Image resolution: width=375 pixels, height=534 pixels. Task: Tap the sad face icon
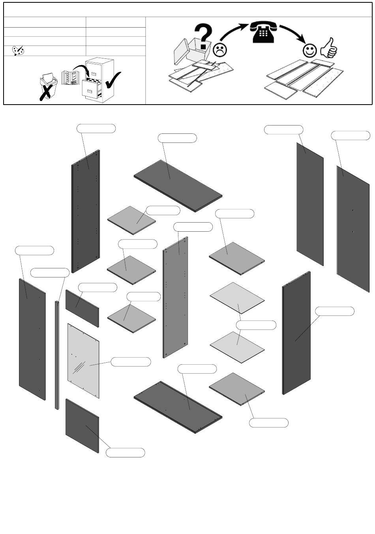coord(220,50)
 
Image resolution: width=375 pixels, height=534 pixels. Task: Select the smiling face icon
coord(310,51)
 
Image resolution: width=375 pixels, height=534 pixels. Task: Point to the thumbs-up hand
coord(329,48)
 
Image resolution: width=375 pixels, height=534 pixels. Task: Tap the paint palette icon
coord(18,51)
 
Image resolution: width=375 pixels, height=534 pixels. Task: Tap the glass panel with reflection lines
coord(83,361)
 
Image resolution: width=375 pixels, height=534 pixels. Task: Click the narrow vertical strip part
coord(57,355)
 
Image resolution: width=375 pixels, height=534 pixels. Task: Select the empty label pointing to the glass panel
coord(131,362)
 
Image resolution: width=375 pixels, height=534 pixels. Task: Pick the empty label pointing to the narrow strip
coord(50,272)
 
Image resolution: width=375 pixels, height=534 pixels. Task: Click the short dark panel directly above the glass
coord(82,308)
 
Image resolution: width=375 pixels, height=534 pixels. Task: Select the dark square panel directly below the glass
coord(82,425)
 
